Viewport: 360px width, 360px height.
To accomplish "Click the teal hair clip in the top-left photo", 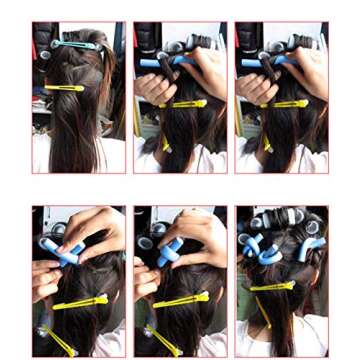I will [x=74, y=45].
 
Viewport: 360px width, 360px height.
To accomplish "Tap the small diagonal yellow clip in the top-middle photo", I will [x=165, y=143].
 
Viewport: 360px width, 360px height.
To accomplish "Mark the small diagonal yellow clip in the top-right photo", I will [x=267, y=143].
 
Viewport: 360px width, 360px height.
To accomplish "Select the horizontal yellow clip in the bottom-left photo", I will [x=80, y=300].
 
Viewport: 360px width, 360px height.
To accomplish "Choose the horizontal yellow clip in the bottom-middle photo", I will [x=181, y=299].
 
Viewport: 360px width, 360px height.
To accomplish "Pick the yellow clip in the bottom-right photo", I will [x=272, y=287].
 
